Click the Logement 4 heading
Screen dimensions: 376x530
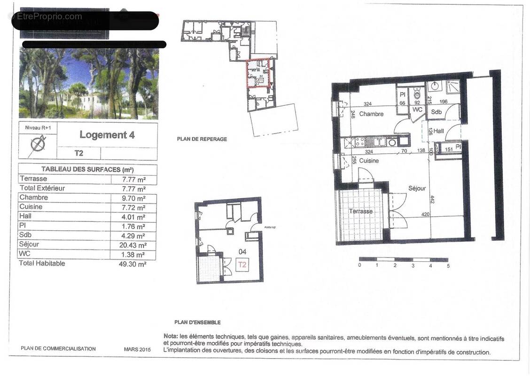[x=107, y=135]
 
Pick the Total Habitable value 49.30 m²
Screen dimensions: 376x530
[x=132, y=264]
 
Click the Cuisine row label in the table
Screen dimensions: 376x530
[x=31, y=207]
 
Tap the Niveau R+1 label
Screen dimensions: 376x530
[x=37, y=127]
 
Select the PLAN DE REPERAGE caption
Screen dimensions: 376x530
[x=202, y=139]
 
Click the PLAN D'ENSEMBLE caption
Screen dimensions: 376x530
[x=197, y=322]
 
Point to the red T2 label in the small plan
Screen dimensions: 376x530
[x=242, y=265]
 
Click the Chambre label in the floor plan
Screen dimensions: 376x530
[x=371, y=114]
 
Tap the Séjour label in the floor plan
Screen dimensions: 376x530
[x=417, y=188]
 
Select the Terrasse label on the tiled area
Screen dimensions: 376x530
[x=360, y=211]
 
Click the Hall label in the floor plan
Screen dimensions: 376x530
[x=438, y=132]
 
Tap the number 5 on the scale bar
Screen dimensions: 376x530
[x=448, y=266]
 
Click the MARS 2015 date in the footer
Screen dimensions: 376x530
[x=137, y=349]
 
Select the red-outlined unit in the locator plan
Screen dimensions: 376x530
[x=259, y=73]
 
